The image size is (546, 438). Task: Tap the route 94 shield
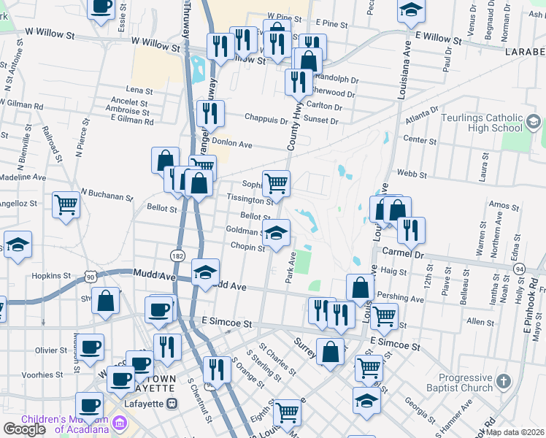[x=519, y=269]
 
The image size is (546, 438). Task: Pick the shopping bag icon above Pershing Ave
[x=360, y=286]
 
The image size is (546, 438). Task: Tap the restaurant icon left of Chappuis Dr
[x=209, y=112]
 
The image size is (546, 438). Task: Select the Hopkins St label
[x=51, y=277]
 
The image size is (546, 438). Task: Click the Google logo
[x=24, y=429]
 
